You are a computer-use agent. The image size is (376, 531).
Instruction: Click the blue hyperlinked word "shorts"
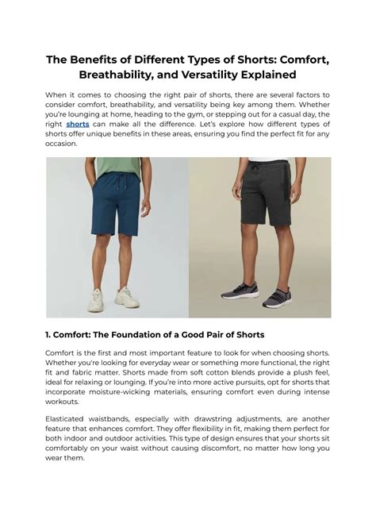coord(77,124)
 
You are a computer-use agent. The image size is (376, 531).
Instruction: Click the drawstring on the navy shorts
coord(119,184)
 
